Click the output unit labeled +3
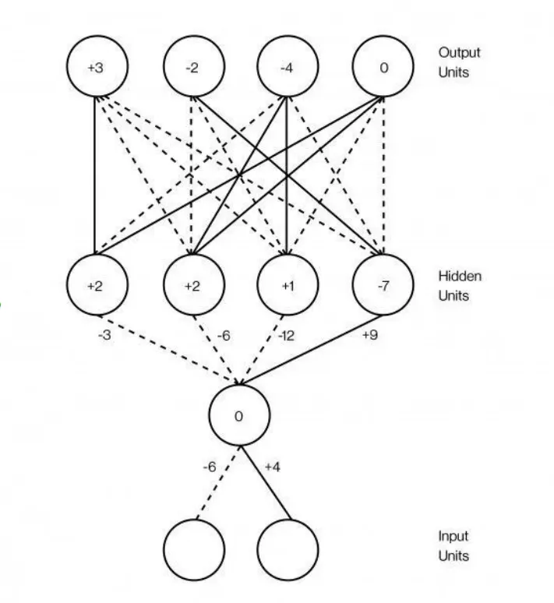pos(94,68)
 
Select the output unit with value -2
pos(192,68)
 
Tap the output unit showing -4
pos(288,68)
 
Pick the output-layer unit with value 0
pos(383,68)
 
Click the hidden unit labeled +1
pos(288,286)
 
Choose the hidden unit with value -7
pos(383,286)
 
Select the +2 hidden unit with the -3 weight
pos(94,286)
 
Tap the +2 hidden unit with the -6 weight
pos(192,286)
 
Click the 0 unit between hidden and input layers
pos(238,416)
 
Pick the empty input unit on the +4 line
pos(288,548)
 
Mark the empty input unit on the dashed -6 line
pos(193,548)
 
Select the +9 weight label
pos(369,336)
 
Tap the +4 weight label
pos(272,467)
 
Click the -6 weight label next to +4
pos(209,467)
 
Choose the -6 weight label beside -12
pos(223,336)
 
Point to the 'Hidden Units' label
pos(459,286)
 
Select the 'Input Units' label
pos(453,546)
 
